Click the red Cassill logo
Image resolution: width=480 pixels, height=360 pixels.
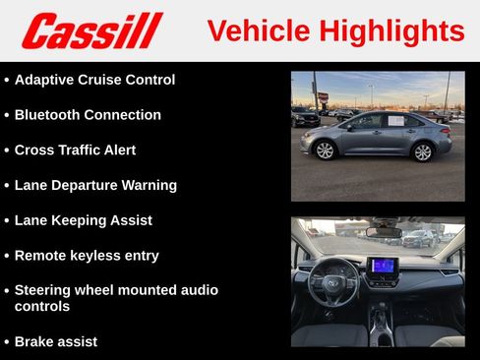tap(91, 30)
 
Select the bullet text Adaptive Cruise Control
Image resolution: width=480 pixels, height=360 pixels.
tap(94, 80)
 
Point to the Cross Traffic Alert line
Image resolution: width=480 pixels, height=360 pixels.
tap(75, 150)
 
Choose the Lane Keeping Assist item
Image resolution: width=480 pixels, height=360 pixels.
tap(83, 220)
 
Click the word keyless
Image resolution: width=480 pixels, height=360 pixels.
tap(100, 256)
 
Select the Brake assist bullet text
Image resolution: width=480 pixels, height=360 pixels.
tap(55, 341)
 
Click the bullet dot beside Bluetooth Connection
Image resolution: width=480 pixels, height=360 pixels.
tap(7, 116)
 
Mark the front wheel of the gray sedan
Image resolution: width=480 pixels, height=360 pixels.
tap(324, 150)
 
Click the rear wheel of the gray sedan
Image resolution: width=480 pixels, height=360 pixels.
tap(423, 151)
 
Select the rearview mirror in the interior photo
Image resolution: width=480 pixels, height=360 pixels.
tap(383, 232)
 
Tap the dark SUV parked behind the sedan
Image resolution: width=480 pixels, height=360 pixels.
tap(306, 116)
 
